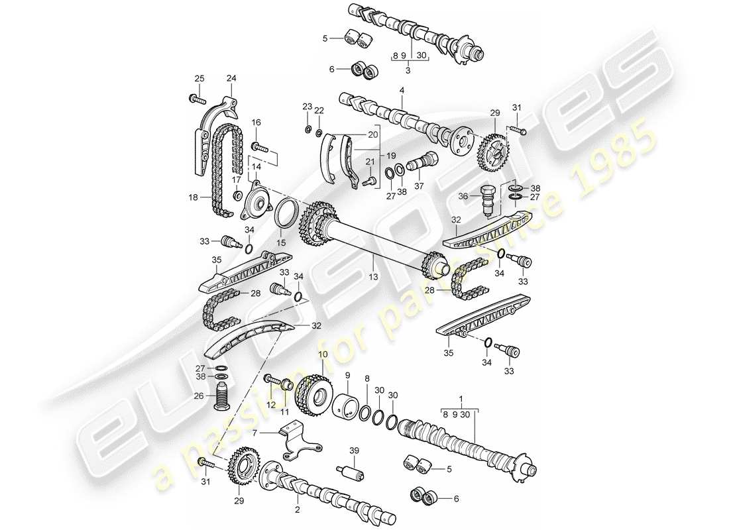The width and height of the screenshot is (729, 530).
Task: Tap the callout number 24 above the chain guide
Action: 231,78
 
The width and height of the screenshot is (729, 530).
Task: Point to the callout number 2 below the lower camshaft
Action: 298,510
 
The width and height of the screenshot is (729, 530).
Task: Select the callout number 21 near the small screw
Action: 370,162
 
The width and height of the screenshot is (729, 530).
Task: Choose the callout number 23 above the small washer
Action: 306,107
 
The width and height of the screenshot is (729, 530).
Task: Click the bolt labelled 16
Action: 260,145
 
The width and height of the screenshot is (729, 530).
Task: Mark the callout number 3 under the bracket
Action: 409,70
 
